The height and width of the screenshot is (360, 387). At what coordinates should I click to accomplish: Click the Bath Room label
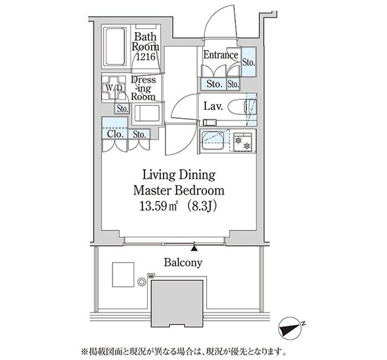coord(146,42)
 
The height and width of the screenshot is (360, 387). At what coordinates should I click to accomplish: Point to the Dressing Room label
coord(144,88)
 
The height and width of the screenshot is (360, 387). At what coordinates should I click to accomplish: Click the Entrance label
coord(221,55)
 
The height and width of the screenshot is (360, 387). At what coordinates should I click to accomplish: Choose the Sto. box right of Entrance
coord(248,63)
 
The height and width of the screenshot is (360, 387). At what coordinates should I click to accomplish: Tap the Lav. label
coord(210,107)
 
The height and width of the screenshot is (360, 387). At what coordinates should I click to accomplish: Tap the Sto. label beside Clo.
coord(139,135)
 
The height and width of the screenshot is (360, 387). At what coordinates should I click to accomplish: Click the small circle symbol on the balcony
coord(142,281)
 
